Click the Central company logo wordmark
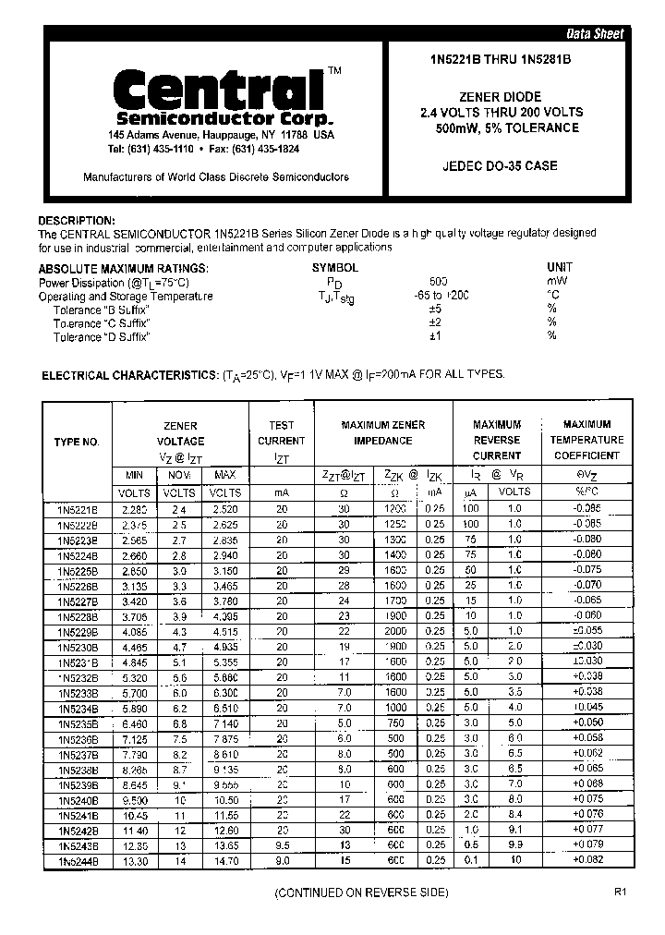pyautogui.click(x=218, y=91)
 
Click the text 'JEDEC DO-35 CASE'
pyautogui.click(x=513, y=167)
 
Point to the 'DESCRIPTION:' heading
pyautogui.click(x=77, y=221)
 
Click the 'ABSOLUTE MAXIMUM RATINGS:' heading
pyautogui.click(x=123, y=268)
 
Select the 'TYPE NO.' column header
pyautogui.click(x=77, y=442)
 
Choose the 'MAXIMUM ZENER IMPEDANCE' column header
pyautogui.click(x=383, y=432)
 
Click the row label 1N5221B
pyautogui.click(x=77, y=510)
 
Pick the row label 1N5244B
pyautogui.click(x=77, y=861)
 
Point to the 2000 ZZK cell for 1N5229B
pyautogui.click(x=395, y=632)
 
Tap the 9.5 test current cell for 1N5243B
pyautogui.click(x=281, y=845)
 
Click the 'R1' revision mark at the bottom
pyautogui.click(x=620, y=893)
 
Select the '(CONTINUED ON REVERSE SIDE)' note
pyautogui.click(x=362, y=893)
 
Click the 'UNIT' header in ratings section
pyautogui.click(x=560, y=267)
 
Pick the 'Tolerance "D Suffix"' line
pyautogui.click(x=102, y=337)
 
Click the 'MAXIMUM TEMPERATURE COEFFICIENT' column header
pyautogui.click(x=586, y=440)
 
